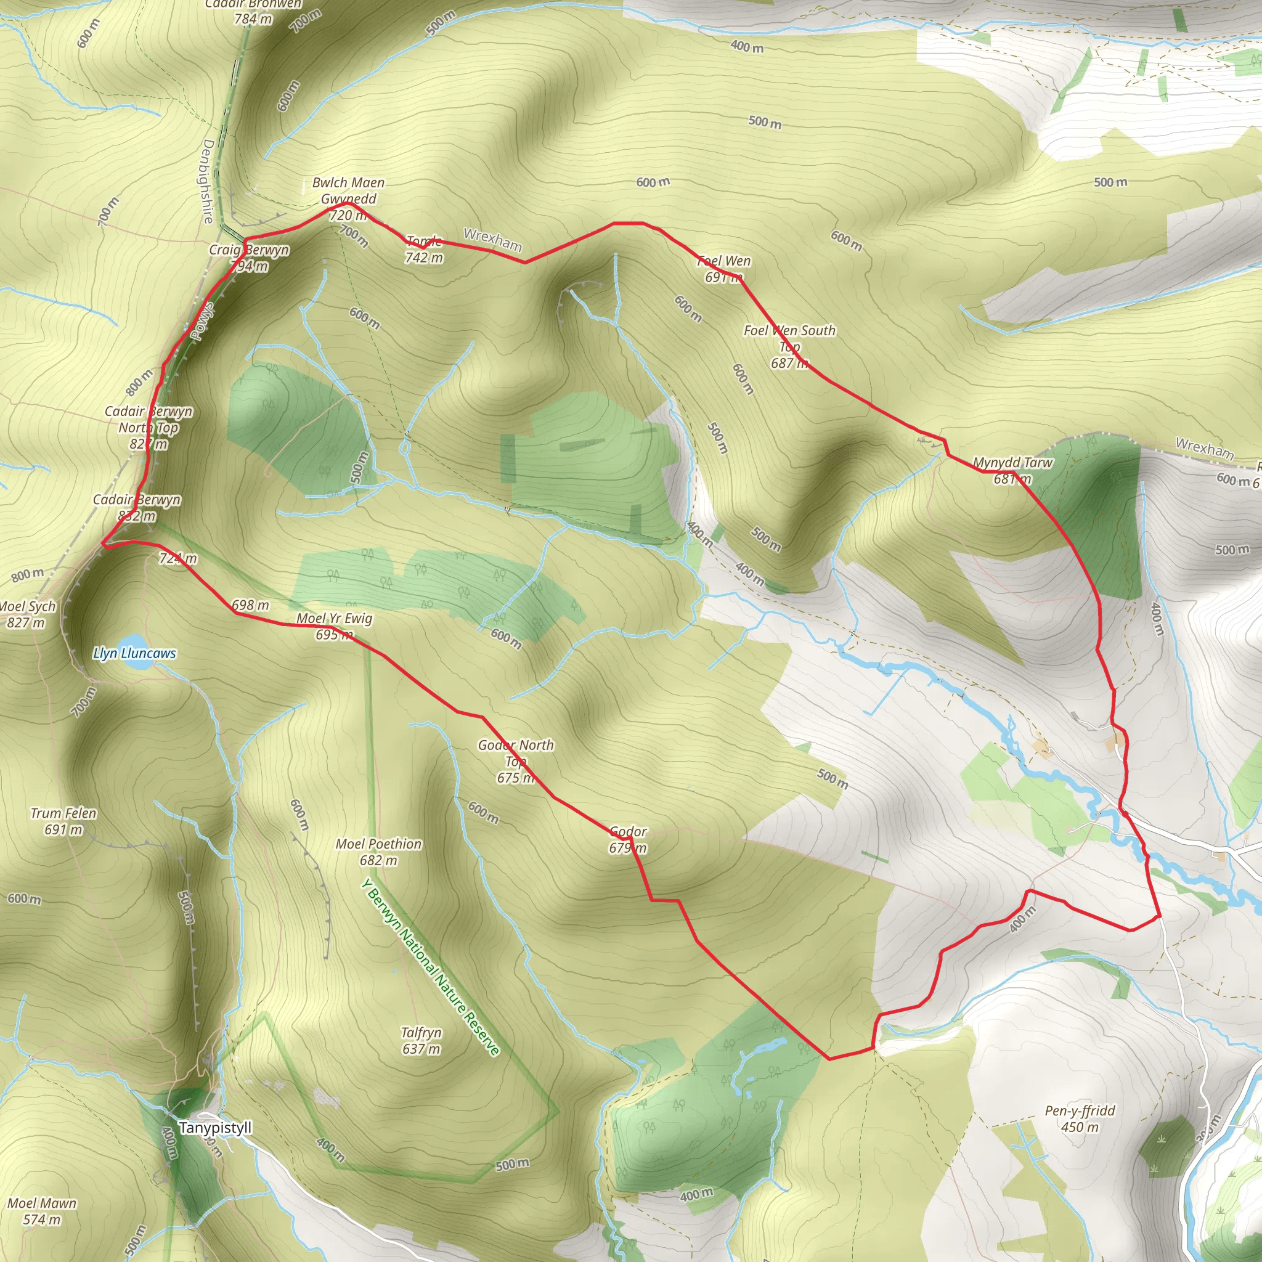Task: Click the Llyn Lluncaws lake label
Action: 134,653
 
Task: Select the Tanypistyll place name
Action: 215,1128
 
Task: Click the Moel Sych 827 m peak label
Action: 28,614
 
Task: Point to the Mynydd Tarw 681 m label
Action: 1012,470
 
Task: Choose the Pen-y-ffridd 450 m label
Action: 1080,1118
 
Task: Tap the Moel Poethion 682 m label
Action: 378,852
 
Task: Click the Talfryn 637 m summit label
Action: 421,1041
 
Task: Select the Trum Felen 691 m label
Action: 63,821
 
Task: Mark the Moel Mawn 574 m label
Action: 42,1211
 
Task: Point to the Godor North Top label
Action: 515,761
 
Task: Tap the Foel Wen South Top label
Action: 789,346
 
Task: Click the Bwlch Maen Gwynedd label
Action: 348,191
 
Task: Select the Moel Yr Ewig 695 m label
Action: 335,626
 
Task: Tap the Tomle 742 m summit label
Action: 424,250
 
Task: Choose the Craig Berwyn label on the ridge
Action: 249,250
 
